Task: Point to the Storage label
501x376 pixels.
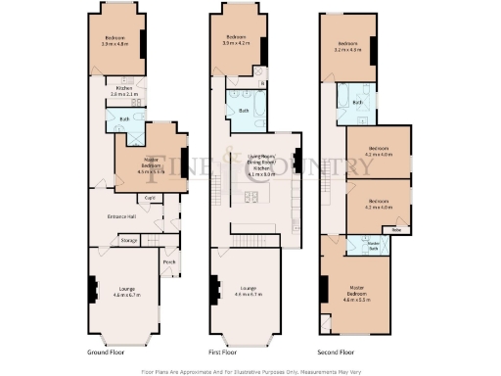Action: coord(128,240)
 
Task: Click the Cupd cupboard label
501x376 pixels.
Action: coord(150,198)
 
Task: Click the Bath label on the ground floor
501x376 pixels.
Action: coord(123,119)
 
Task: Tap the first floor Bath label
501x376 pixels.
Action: coord(244,111)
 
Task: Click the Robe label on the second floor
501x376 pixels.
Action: coord(396,230)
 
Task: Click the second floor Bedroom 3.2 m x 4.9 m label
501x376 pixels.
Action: coord(347,48)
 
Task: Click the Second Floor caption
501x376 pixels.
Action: coord(334,351)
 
